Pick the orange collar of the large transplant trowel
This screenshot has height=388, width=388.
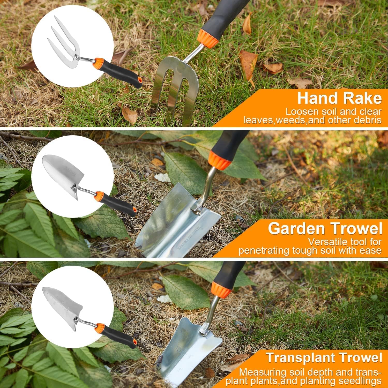tap(221, 288)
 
